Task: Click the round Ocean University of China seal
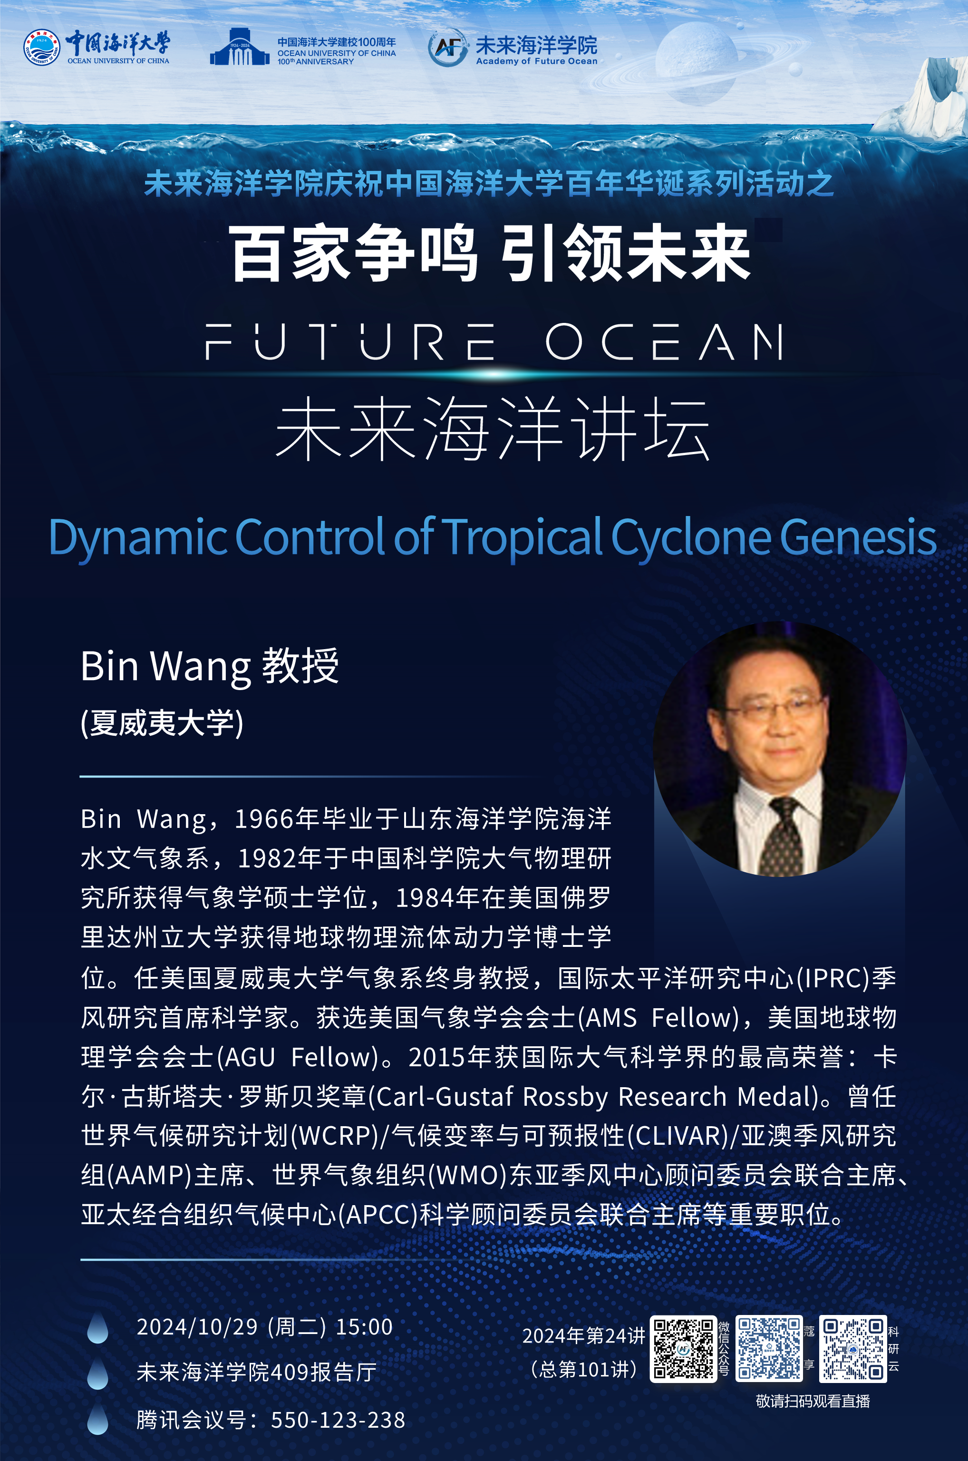[x=42, y=47]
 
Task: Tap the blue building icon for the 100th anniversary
[x=240, y=47]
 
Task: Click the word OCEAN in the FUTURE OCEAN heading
[x=665, y=341]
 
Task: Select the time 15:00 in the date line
[x=364, y=1326]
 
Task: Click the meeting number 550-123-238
[x=339, y=1420]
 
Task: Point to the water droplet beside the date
[x=97, y=1328]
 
